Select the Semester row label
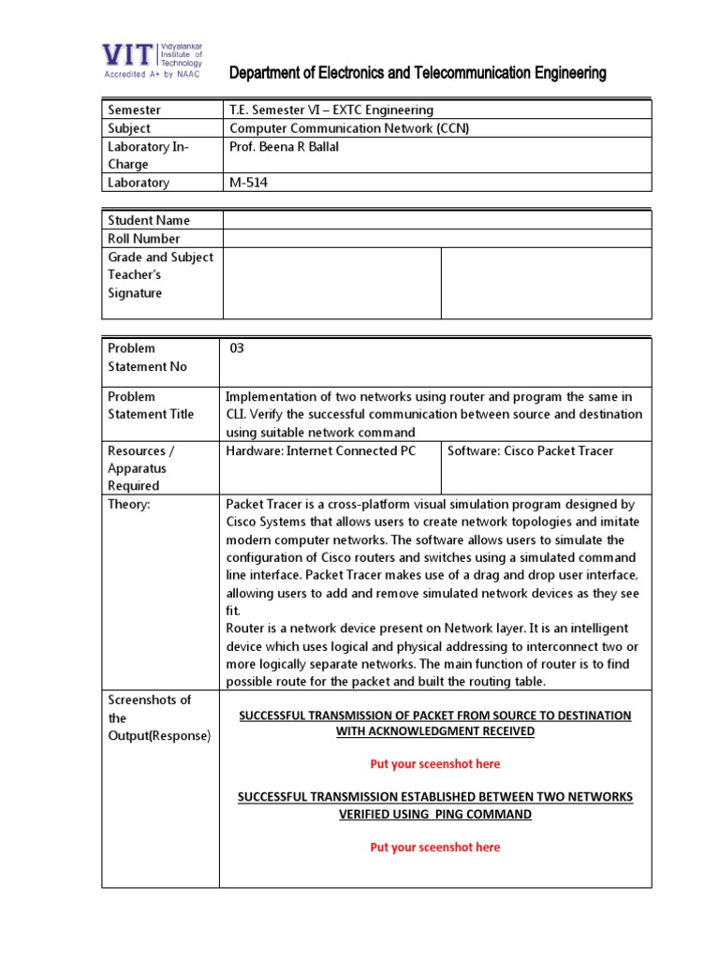tap(135, 111)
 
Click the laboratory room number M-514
tap(249, 183)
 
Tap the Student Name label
tap(149, 220)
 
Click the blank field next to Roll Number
tap(436, 238)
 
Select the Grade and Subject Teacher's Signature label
tap(160, 275)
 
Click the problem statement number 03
tap(237, 348)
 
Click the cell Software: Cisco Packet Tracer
tap(530, 450)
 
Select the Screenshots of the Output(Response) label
tap(159, 717)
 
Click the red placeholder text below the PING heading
tap(434, 847)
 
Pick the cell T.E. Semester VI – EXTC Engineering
tap(331, 111)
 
